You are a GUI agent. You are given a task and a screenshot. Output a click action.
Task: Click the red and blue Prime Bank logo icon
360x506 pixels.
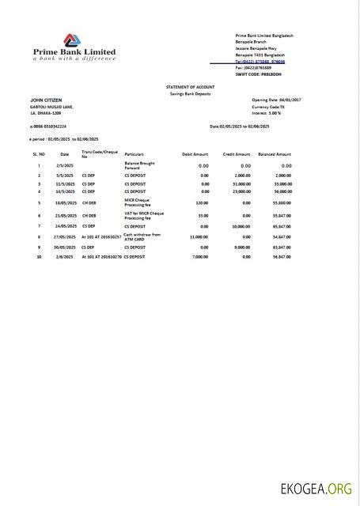tap(72, 40)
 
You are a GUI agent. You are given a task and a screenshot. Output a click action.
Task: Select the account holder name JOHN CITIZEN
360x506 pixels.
tap(47, 100)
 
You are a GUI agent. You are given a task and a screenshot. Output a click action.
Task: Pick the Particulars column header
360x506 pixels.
tap(135, 153)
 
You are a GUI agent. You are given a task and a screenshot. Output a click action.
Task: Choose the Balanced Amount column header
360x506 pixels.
tap(275, 153)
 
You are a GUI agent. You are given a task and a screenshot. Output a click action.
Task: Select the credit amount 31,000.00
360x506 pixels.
tap(237, 183)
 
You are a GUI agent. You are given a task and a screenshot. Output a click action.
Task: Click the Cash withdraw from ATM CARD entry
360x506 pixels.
tap(142, 236)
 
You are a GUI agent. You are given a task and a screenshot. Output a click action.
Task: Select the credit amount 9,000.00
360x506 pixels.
tap(238, 247)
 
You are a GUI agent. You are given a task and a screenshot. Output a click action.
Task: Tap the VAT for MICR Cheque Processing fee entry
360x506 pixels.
tap(143, 215)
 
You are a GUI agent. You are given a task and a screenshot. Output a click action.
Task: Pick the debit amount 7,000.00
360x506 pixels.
tap(200, 256)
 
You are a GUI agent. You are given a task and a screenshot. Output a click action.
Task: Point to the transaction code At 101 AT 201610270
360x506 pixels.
tap(101, 256)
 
